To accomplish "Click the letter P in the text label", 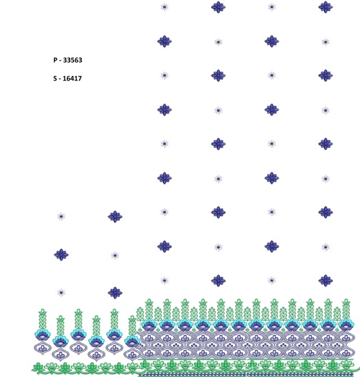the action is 56,60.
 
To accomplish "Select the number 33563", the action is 73,60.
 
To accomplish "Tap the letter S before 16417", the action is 55,78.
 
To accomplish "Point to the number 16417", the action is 72,78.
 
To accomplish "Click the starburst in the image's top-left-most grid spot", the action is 164,7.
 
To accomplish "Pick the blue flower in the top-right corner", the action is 325,7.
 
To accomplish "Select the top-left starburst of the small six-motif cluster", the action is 61,217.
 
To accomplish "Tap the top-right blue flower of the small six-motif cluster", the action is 115,217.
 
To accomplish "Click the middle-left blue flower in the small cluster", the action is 61,255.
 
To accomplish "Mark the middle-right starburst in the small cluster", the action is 115,255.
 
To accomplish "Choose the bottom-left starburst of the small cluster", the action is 61,293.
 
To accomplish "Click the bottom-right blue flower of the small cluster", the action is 115,293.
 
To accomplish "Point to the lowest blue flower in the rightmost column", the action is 325,281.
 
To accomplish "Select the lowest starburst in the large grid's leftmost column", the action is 164,281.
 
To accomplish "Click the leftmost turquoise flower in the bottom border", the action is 43,334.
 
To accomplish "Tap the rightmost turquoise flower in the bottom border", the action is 346,325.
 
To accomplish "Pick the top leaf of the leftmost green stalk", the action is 43,312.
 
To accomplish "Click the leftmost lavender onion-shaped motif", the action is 43,348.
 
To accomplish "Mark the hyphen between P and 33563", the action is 60,61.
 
